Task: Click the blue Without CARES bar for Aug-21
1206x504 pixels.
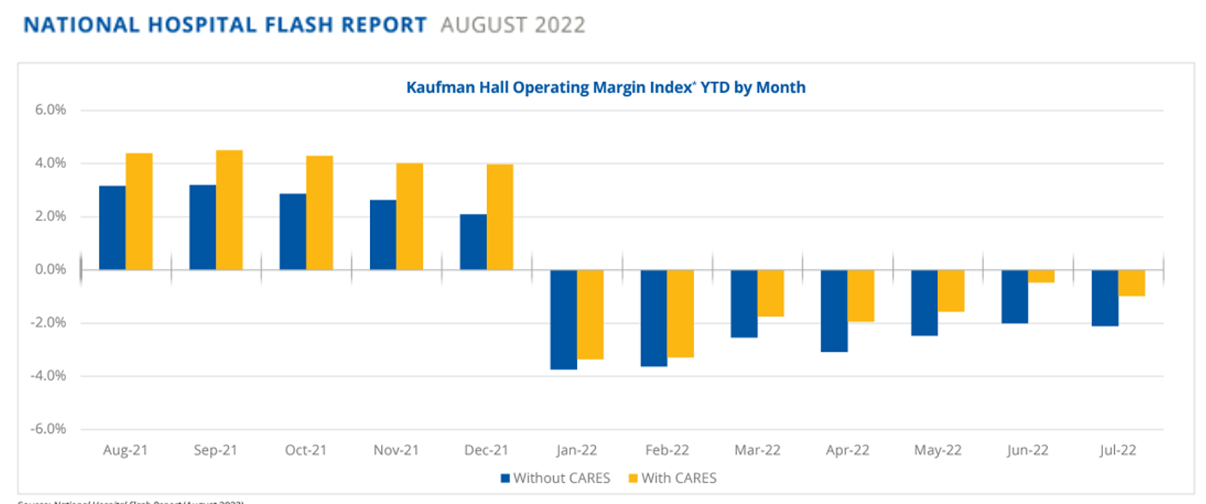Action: click(112, 227)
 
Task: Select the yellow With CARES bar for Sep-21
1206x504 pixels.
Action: click(229, 210)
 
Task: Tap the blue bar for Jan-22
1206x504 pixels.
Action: click(564, 319)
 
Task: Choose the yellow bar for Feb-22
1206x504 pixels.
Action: click(680, 313)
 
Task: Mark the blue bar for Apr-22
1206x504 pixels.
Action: click(834, 311)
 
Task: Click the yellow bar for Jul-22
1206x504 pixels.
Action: click(1131, 283)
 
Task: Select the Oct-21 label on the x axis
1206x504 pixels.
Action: click(305, 451)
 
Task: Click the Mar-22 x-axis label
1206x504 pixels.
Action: click(756, 451)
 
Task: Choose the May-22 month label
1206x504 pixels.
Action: click(936, 451)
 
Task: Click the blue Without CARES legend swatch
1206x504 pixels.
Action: click(505, 478)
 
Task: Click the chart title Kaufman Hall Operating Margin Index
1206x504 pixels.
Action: click(605, 88)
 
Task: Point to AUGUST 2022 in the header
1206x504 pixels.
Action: click(512, 25)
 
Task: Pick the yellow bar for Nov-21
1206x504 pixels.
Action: click(410, 216)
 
